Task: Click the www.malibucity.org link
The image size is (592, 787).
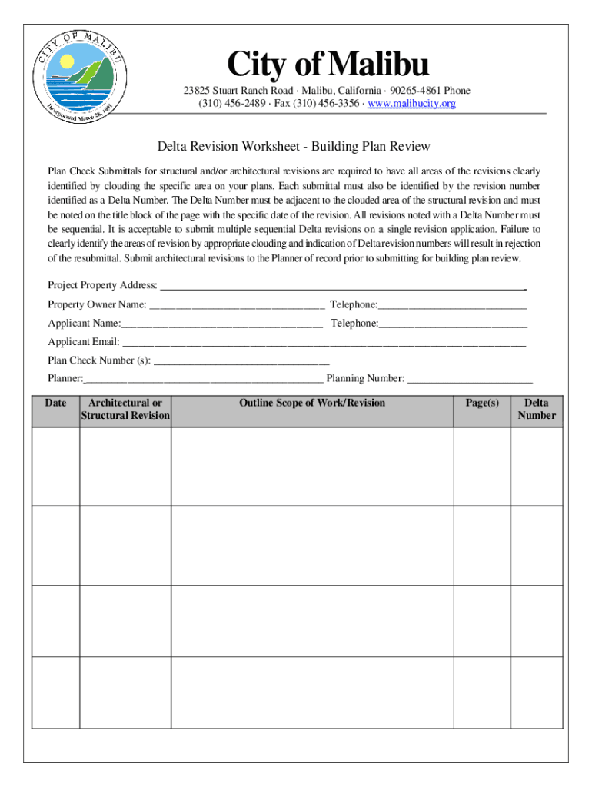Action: pos(412,103)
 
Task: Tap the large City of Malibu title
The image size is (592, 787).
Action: pos(327,65)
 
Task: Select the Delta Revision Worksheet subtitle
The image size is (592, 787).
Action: pos(294,146)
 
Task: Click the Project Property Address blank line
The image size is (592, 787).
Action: pos(341,287)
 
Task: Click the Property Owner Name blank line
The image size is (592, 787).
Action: pos(236,306)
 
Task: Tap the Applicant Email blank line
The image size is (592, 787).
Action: pos(324,343)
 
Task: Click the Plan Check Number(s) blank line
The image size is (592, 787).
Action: pos(241,360)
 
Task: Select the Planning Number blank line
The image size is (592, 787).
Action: pos(469,379)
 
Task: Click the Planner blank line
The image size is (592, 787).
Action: pos(203,379)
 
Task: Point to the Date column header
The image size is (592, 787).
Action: pos(55,403)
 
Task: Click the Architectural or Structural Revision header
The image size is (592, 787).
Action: pos(125,410)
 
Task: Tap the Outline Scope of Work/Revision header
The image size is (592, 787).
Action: pos(312,403)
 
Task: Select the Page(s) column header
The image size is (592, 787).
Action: pos(482,403)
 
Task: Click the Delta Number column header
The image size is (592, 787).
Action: pos(536,410)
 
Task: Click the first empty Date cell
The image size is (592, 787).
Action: pos(55,467)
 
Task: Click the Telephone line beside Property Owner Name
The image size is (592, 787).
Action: pos(453,306)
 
